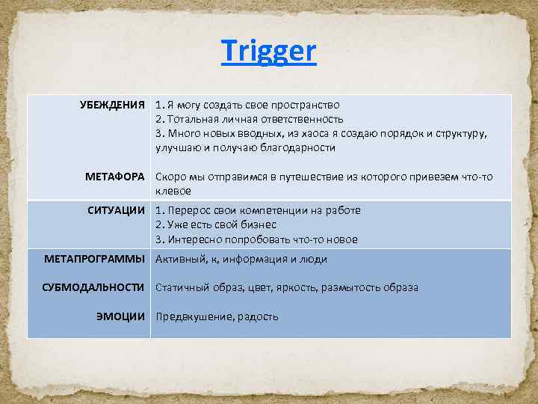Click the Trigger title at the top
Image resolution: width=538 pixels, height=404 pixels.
click(x=269, y=52)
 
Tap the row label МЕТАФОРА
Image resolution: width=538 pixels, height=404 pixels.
click(x=116, y=177)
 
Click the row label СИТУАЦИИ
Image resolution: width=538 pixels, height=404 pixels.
click(x=117, y=210)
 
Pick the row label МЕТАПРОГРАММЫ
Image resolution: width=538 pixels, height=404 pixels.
click(x=94, y=259)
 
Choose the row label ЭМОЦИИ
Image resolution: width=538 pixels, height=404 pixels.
click(x=120, y=316)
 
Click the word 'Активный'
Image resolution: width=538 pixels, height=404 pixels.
click(x=178, y=260)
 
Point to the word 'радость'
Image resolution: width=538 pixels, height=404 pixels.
click(x=258, y=316)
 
